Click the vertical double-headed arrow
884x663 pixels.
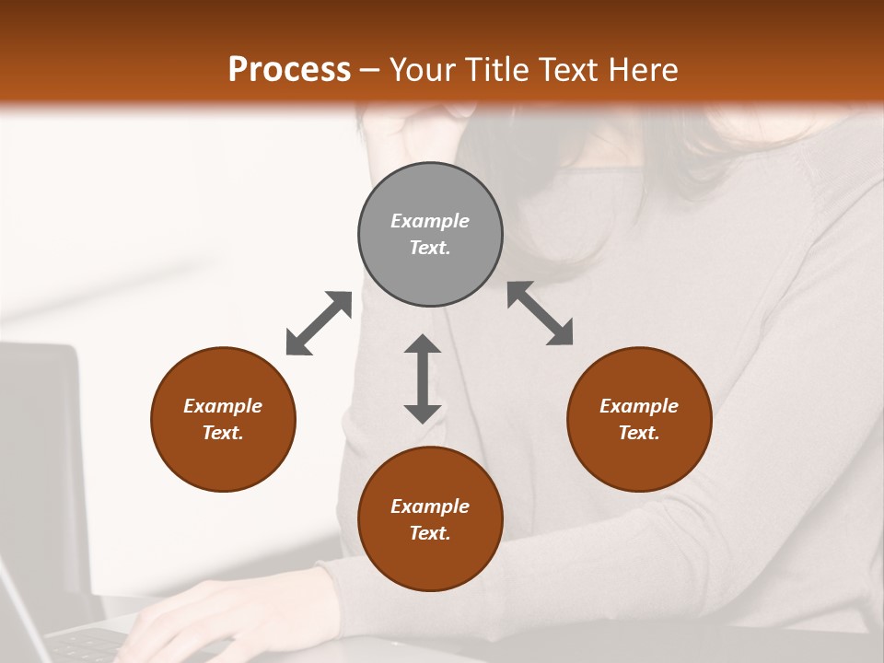pos(423,378)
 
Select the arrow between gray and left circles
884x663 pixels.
pos(319,323)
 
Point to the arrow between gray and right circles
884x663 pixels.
pos(541,313)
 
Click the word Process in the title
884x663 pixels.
pos(289,70)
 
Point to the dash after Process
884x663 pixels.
pos(370,71)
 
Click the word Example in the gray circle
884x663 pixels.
pos(430,221)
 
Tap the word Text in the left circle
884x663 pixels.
pos(223,433)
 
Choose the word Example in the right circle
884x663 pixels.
pos(639,406)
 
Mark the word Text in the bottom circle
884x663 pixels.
pos(430,533)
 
